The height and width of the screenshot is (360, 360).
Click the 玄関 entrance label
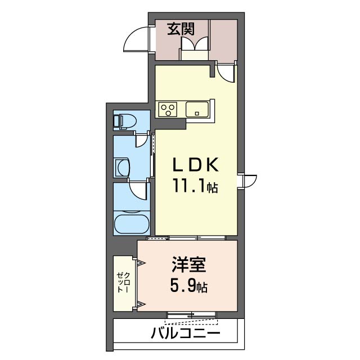tap(181, 29)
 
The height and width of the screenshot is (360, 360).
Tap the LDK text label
tap(195, 165)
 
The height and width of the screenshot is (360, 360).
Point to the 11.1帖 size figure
tap(195, 186)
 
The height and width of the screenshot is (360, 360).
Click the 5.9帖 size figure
tap(189, 286)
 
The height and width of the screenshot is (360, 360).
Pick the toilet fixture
tap(125, 121)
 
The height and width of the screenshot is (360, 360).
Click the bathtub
tap(132, 224)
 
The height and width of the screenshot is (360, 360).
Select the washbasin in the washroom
tap(122, 168)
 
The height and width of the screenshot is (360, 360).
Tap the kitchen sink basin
tap(197, 110)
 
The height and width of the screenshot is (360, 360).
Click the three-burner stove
tap(168, 109)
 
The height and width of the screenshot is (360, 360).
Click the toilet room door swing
tap(141, 140)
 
